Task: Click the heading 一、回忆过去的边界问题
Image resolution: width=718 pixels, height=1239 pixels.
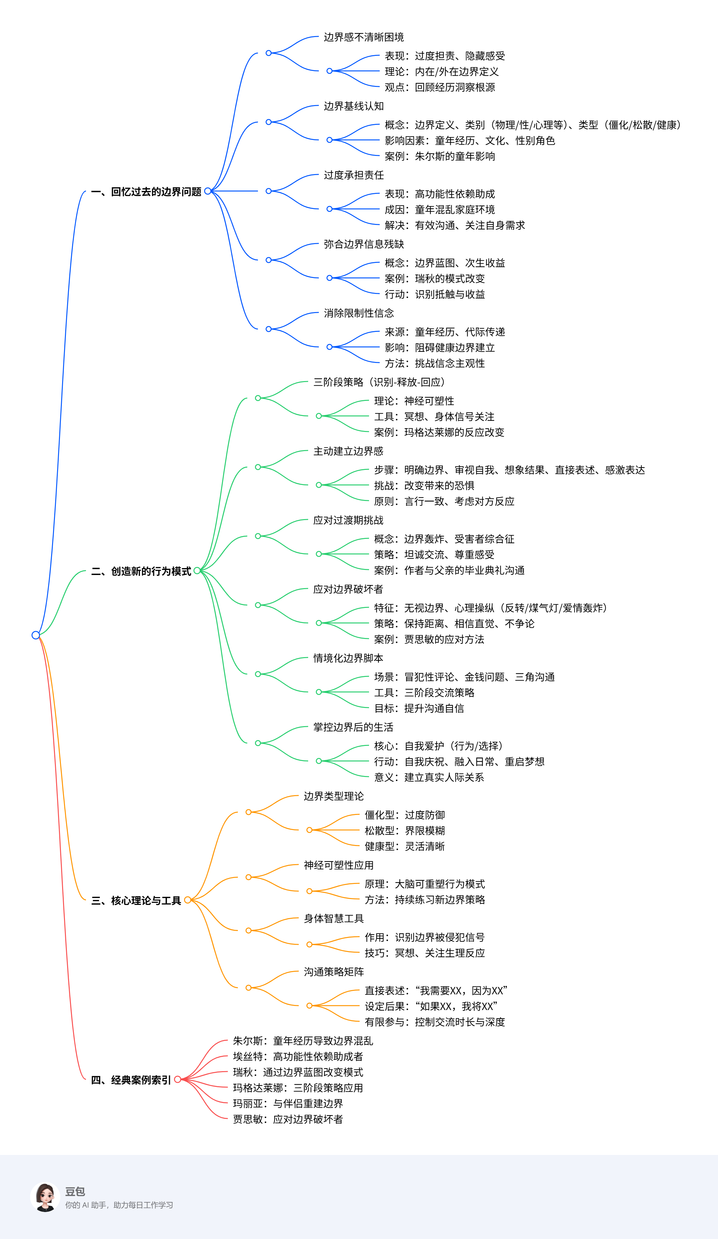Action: (146, 192)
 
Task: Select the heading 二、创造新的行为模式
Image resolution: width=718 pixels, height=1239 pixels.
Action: (141, 571)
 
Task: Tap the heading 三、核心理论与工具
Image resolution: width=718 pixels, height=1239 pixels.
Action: (136, 901)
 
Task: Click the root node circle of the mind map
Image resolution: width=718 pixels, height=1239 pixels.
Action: (35, 635)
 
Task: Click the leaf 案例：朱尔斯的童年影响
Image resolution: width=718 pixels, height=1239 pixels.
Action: (440, 156)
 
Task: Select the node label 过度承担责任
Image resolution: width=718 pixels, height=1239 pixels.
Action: (354, 176)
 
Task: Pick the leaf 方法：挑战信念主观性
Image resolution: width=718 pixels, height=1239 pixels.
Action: (435, 363)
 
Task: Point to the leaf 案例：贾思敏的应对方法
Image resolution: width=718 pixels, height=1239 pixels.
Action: (429, 639)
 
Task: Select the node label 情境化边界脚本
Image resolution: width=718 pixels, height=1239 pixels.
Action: (348, 658)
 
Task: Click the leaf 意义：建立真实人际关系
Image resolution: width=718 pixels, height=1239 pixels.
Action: (429, 777)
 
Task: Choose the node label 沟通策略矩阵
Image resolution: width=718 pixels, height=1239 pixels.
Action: (334, 972)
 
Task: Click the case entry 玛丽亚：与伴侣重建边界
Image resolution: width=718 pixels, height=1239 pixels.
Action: (288, 1104)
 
